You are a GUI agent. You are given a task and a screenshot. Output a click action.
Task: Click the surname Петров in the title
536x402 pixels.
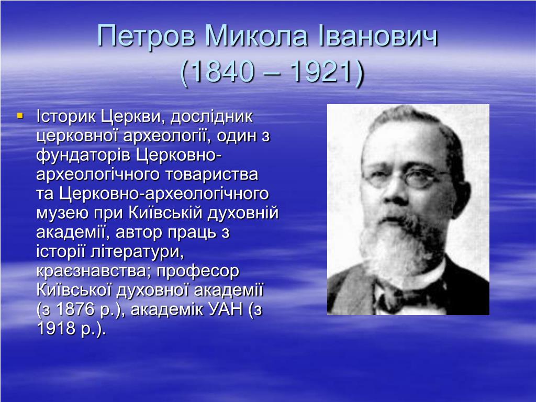147,37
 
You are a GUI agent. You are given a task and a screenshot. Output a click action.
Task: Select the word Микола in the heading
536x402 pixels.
256,36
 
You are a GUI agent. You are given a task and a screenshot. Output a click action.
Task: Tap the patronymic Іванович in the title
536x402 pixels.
378,36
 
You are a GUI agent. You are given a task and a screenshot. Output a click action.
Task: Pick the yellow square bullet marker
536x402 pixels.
20,116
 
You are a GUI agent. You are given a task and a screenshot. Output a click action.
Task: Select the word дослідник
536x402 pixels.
211,117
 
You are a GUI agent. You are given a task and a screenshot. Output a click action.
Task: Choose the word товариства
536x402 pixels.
213,174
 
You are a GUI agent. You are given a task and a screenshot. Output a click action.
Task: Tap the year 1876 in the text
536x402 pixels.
75,309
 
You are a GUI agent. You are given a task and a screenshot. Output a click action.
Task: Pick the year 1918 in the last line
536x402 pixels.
56,329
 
